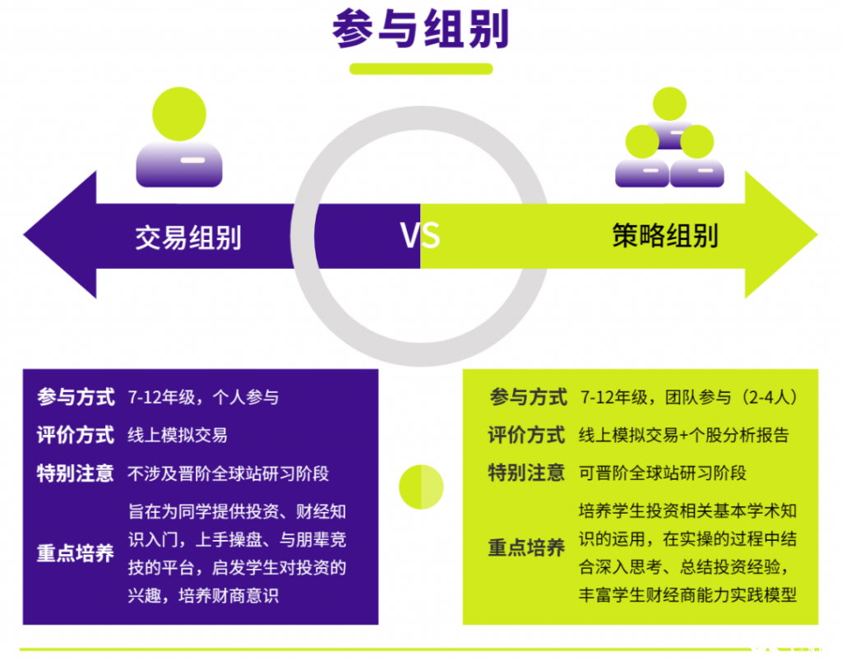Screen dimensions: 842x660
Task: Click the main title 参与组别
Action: point(420,29)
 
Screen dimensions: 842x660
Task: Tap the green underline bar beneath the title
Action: point(421,69)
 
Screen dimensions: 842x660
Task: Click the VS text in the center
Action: point(420,235)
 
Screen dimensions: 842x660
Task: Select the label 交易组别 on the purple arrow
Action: point(188,238)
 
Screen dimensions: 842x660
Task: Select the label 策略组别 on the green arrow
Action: point(664,236)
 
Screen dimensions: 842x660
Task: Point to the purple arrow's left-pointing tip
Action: point(24,234)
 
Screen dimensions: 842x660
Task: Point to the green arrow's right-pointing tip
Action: point(817,234)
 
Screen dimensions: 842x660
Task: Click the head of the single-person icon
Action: point(179,114)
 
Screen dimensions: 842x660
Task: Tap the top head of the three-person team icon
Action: point(669,104)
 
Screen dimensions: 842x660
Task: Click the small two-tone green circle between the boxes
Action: point(421,487)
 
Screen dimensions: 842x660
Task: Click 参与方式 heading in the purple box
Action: point(76,397)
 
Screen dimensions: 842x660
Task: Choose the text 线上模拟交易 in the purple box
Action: point(178,435)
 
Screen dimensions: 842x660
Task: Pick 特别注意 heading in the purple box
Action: point(76,473)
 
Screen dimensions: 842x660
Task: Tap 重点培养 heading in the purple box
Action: point(76,552)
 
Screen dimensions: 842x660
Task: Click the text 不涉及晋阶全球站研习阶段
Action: point(229,473)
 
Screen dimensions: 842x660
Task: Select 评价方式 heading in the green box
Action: point(527,435)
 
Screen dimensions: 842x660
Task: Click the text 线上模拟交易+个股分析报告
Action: point(683,435)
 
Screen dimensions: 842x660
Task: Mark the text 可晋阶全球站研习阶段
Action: point(663,473)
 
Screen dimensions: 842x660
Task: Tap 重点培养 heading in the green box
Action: point(527,548)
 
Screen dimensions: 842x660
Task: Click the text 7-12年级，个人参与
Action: point(203,397)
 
